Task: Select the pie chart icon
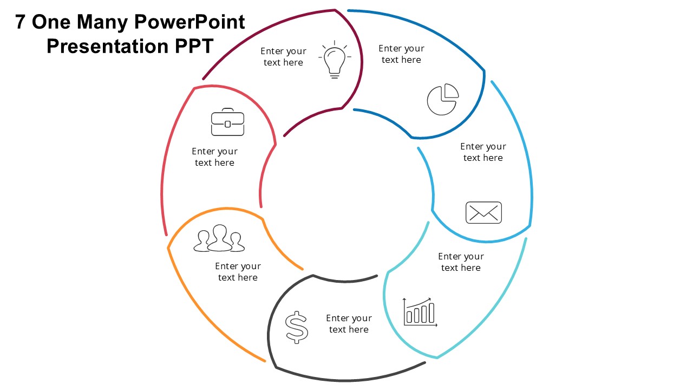[442, 99]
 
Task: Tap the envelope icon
[483, 212]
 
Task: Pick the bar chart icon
[420, 312]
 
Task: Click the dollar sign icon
[297, 327]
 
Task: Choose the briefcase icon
[227, 122]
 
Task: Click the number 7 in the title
[21, 22]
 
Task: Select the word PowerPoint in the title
[189, 22]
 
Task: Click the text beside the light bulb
[283, 57]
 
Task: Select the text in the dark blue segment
[401, 54]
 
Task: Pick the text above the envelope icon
[483, 152]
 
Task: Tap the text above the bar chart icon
[461, 262]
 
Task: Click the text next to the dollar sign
[349, 324]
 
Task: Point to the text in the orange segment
[238, 272]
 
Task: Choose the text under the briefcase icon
[214, 157]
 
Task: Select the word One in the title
[51, 22]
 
